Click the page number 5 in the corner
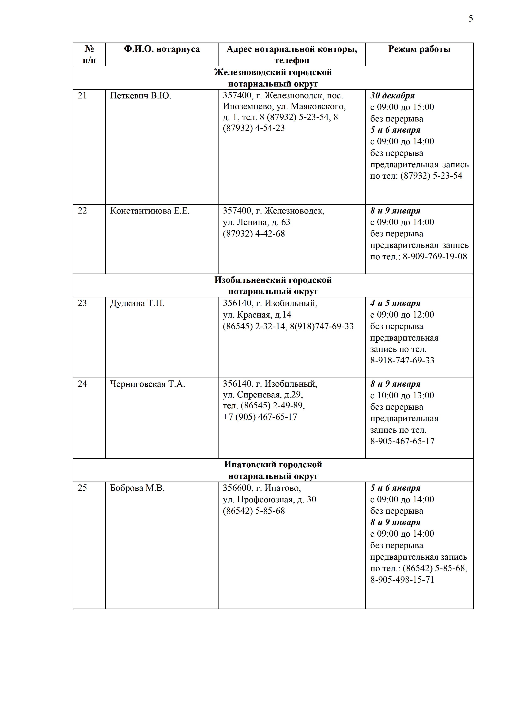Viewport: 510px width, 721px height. coord(471,18)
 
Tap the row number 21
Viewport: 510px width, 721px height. coord(82,95)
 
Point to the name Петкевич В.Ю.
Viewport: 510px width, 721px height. coord(140,95)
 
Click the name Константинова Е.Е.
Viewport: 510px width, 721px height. coord(150,211)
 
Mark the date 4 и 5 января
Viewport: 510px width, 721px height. coord(395,303)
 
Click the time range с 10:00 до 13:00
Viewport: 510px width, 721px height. coord(402,395)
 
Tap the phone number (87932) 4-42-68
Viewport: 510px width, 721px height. coord(254,234)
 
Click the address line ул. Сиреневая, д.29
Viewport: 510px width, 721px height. coord(263,395)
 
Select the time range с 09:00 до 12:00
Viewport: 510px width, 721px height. coord(402,315)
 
